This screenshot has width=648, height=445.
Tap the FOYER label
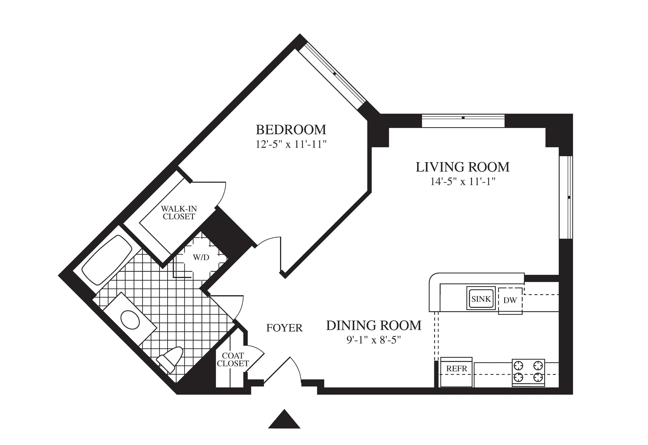pyautogui.click(x=284, y=328)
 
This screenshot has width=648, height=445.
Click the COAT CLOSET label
pyautogui.click(x=233, y=360)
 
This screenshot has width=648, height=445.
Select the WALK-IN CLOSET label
pyautogui.click(x=179, y=212)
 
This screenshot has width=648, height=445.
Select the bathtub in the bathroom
pyautogui.click(x=107, y=260)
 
